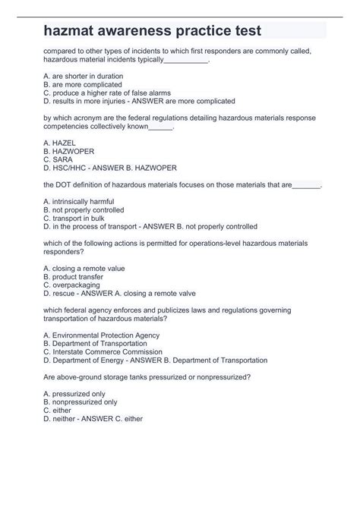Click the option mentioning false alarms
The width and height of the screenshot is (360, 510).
106,92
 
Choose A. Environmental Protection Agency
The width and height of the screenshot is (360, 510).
101,335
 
